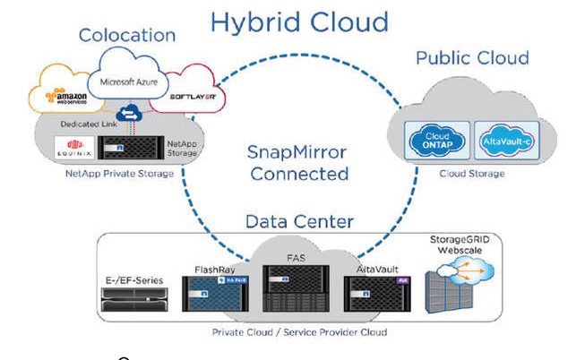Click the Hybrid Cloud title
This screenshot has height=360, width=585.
299,21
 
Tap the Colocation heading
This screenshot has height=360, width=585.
127,35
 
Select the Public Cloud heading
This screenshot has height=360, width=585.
472,59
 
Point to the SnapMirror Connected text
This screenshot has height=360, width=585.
298,162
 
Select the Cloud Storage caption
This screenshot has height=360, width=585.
474,173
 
